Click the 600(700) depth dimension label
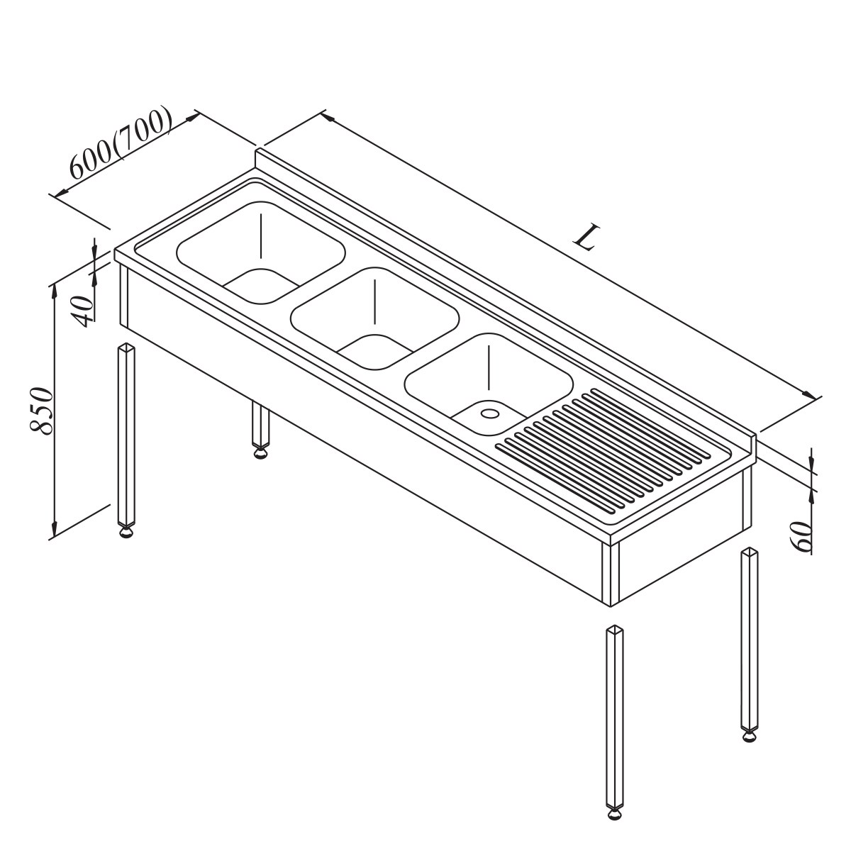click(120, 143)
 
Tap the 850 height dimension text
click(43, 411)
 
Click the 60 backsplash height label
click(801, 537)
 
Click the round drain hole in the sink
click(489, 413)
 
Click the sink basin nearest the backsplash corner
click(261, 252)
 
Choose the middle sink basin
click(374, 318)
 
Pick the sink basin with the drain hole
click(489, 384)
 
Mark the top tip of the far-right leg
click(750, 548)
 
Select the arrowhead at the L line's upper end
click(326, 116)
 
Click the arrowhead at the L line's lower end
click(809, 394)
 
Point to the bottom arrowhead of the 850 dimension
click(55, 528)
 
